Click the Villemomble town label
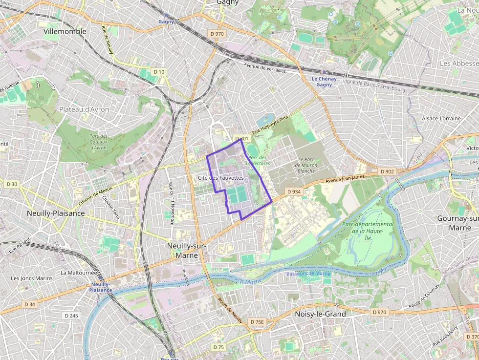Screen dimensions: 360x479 (65, 31)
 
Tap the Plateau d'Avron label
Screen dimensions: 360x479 (84, 109)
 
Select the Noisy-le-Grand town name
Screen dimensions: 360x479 (321, 314)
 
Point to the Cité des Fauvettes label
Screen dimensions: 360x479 (220, 178)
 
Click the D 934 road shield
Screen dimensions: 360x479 (294, 191)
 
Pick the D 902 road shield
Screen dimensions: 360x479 (387, 171)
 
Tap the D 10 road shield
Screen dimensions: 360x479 (159, 72)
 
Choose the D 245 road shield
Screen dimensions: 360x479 (71, 316)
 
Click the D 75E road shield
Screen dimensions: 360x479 (257, 322)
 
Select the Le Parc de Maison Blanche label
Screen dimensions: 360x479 (307, 165)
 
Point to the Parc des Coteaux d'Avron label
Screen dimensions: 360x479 (98, 142)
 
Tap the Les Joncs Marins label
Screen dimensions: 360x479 (32, 278)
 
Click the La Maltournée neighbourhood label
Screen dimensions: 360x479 (79, 273)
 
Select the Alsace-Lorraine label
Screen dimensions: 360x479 (441, 118)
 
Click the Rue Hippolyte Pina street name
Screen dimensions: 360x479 (270, 125)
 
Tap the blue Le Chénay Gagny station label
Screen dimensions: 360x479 (324, 82)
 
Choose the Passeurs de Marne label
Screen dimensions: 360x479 (308, 274)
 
